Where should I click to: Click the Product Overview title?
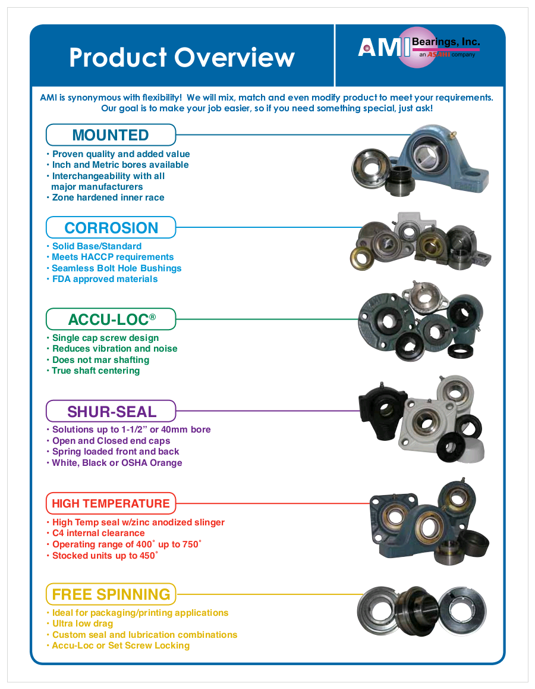pyautogui.click(x=181, y=58)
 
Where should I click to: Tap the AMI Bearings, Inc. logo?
pyautogui.click(x=418, y=47)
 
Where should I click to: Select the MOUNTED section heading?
pyautogui.click(x=111, y=135)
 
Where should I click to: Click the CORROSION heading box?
pyautogui.click(x=111, y=228)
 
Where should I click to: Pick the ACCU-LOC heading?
pyautogui.click(x=111, y=320)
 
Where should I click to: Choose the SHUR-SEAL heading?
pyautogui.click(x=111, y=412)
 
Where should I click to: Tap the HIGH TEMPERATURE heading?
pyautogui.click(x=111, y=503)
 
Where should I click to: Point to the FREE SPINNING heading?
pyautogui.click(x=111, y=594)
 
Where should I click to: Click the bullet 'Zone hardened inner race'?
pyautogui.click(x=108, y=198)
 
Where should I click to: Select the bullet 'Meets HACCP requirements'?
pyautogui.click(x=113, y=257)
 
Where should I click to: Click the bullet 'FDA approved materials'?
pyautogui.click(x=105, y=279)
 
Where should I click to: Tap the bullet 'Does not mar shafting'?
pyautogui.click(x=100, y=360)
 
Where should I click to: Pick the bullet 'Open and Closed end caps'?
pyautogui.click(x=111, y=441)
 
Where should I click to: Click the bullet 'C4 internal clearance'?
pyautogui.click(x=98, y=533)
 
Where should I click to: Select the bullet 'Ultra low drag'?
pyautogui.click(x=83, y=624)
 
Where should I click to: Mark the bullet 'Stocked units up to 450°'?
pyautogui.click(x=105, y=556)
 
